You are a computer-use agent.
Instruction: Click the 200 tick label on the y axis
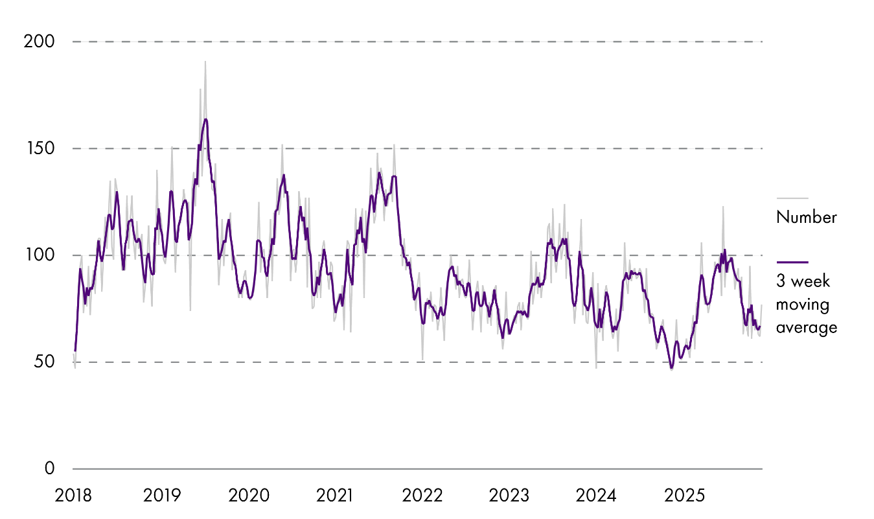tap(39, 42)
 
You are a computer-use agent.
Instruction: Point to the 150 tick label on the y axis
tap(39, 148)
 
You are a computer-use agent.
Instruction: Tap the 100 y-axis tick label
tap(39, 255)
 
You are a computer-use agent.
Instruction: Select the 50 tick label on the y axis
tap(44, 362)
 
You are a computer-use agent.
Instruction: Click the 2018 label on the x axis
tap(73, 496)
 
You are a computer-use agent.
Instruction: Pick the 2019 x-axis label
tap(163, 496)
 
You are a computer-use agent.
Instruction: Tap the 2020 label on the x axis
tap(249, 496)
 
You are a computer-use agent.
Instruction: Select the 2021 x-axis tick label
tap(336, 496)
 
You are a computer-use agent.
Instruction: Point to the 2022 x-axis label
tap(422, 496)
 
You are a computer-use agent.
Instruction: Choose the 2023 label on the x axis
tap(509, 496)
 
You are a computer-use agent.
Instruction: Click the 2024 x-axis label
tap(596, 496)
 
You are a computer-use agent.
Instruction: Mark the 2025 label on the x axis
tap(683, 496)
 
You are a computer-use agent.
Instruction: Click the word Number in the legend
tap(806, 218)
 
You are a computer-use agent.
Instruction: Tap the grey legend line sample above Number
tap(792, 198)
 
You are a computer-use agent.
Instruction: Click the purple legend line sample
tap(792, 262)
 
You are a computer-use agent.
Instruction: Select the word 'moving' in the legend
tap(799, 305)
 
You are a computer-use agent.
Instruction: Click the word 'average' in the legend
tap(806, 327)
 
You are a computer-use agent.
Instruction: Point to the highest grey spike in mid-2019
tap(205, 62)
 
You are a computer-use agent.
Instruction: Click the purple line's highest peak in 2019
tap(205, 119)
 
